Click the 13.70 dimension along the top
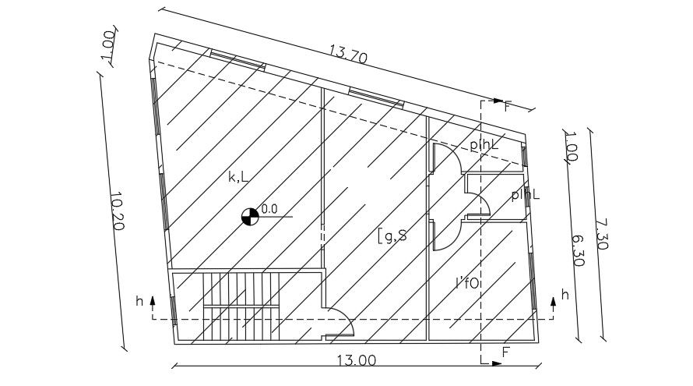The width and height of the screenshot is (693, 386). pyautogui.click(x=348, y=55)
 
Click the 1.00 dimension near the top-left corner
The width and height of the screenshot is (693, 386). pyautogui.click(x=109, y=48)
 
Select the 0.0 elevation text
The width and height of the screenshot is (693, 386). pyautogui.click(x=269, y=209)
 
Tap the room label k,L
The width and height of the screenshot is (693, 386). pyautogui.click(x=238, y=178)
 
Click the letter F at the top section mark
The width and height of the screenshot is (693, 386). pyautogui.click(x=508, y=106)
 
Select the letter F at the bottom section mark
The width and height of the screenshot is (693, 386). pyautogui.click(x=505, y=352)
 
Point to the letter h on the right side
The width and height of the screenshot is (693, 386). pyautogui.click(x=565, y=295)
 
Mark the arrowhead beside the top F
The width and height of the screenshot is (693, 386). pyautogui.click(x=497, y=101)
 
